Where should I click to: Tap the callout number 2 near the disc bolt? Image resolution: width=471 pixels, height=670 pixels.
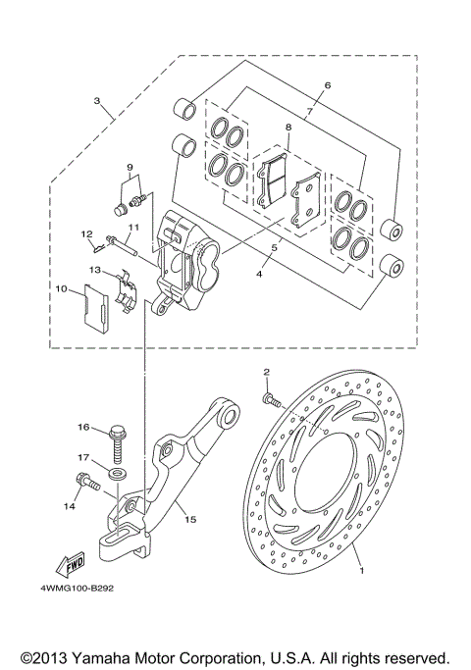pyautogui.click(x=266, y=371)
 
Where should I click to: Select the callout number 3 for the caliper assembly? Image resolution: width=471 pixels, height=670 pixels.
pyautogui.click(x=96, y=101)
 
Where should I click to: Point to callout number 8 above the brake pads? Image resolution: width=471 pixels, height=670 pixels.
pyautogui.click(x=288, y=128)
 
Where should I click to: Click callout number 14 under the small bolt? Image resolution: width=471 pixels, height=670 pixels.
pyautogui.click(x=68, y=507)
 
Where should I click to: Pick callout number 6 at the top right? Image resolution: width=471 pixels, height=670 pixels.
pyautogui.click(x=328, y=85)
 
